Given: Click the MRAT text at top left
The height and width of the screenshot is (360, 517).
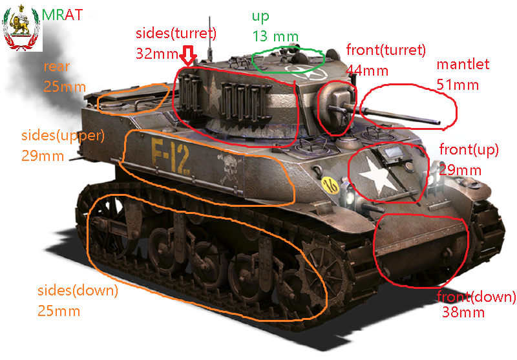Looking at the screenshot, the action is click(x=62, y=15).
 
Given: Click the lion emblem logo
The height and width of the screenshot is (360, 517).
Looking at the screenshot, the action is click(x=21, y=28).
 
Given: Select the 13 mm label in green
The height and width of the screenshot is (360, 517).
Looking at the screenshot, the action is click(x=275, y=36).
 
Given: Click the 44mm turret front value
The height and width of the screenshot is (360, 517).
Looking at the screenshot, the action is click(x=367, y=70).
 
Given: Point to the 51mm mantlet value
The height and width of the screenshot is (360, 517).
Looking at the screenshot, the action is click(x=458, y=85).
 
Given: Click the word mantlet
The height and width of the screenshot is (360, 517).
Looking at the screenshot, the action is click(x=463, y=64).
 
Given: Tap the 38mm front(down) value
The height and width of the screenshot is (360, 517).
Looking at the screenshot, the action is click(x=463, y=312).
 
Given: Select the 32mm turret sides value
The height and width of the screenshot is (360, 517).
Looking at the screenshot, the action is click(x=157, y=54).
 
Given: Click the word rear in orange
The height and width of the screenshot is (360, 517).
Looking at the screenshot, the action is click(x=57, y=67).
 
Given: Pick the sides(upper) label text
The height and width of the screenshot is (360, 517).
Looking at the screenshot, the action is click(x=63, y=136).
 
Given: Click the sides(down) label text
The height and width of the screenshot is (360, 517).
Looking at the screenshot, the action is click(x=78, y=291).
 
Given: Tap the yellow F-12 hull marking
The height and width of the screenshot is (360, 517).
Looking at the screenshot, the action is click(x=171, y=155).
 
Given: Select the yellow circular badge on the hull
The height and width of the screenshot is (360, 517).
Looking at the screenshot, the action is click(x=330, y=186).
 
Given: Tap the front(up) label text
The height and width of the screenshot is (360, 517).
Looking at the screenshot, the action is click(x=469, y=150).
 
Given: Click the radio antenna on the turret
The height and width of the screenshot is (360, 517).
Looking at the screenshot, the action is click(x=209, y=38).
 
